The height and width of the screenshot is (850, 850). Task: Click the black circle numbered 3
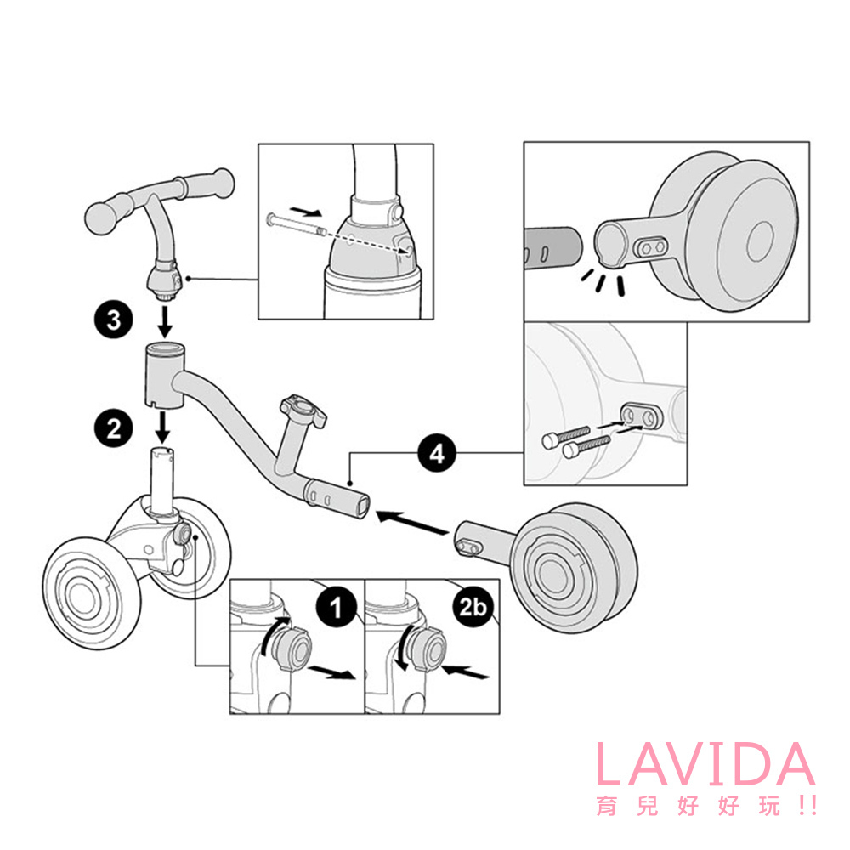pos(113,320)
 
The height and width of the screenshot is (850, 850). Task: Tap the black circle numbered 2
pos(113,428)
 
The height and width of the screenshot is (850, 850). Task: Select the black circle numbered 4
pos(437,453)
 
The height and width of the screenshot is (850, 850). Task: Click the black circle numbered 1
pos(336,607)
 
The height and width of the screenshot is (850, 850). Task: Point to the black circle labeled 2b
pos(472,607)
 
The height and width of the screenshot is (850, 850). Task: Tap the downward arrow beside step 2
pos(161,428)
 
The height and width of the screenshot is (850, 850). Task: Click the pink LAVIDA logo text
pos(705,764)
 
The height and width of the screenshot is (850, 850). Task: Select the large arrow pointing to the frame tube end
pos(412,523)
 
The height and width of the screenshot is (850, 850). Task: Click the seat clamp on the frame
pos(303,410)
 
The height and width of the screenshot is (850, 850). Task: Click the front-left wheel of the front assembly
pos(91,593)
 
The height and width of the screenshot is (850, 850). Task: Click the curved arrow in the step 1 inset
pos(274,633)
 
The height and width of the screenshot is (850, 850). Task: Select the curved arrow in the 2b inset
pos(405,648)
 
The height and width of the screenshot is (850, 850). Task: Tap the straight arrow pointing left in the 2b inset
pos(465,672)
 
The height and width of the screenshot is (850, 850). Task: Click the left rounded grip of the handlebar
pos(109,218)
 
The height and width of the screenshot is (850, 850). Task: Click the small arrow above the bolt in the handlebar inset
pos(306,211)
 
